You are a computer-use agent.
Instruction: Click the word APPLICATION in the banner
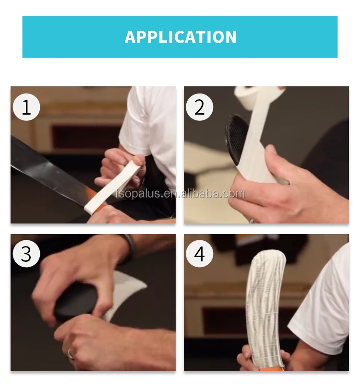180,37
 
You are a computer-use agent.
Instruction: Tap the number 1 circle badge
26,107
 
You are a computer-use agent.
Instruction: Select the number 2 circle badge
199,107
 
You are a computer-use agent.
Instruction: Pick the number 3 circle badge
26,254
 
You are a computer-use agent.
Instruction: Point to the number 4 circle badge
199,254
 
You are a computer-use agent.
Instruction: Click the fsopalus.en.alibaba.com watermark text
180,194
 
